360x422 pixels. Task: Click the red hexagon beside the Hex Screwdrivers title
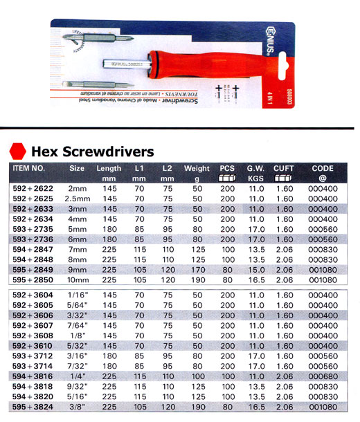[17, 152]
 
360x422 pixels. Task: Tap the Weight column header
[197, 168]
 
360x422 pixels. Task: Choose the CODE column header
[323, 168]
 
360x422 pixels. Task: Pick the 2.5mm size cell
[78, 198]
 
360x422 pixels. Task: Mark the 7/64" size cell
[78, 324]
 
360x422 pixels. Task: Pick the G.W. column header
[255, 168]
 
